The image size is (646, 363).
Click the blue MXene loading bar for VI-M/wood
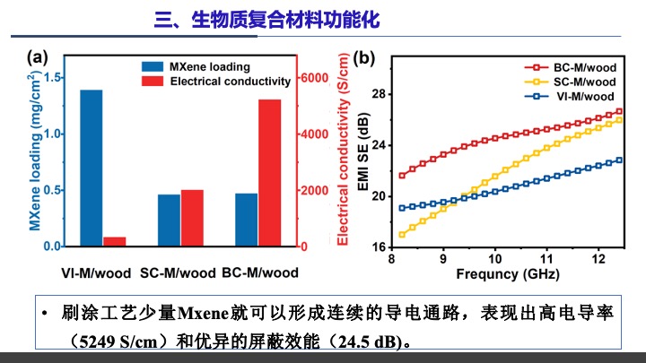point(92,168)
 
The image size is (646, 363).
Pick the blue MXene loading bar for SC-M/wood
point(169,220)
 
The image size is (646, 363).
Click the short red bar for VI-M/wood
point(114,241)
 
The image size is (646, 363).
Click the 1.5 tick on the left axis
point(53,78)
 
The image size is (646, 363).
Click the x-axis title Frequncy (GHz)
point(507,273)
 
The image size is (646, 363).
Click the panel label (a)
point(38,56)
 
